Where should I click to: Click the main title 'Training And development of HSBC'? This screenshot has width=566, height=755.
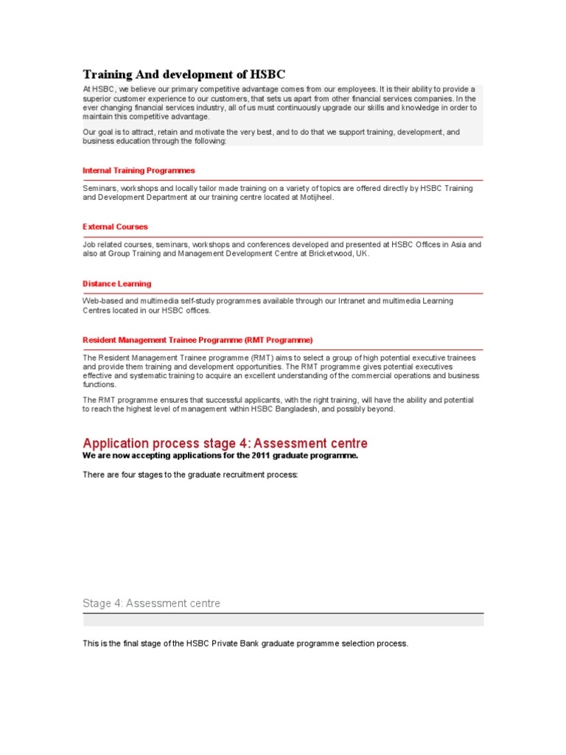pos(184,74)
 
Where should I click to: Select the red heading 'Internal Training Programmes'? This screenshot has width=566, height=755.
pos(139,170)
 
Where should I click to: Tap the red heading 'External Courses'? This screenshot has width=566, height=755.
pos(115,227)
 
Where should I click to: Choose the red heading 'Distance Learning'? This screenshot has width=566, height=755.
pos(116,284)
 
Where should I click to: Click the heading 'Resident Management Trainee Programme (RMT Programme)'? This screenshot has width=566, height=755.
pos(198,340)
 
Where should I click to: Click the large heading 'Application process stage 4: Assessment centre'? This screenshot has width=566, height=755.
pos(225,443)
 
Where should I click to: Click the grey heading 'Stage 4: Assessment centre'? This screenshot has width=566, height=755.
pos(151,603)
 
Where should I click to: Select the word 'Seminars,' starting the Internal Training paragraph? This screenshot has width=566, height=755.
pos(99,189)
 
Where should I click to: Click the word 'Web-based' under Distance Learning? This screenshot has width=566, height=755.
pos(100,301)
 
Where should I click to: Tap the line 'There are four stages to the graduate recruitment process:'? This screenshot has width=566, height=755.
pos(190,475)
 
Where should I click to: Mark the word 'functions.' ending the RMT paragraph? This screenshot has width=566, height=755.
pos(99,384)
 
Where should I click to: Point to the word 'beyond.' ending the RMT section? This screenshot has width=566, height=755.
pos(381,409)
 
